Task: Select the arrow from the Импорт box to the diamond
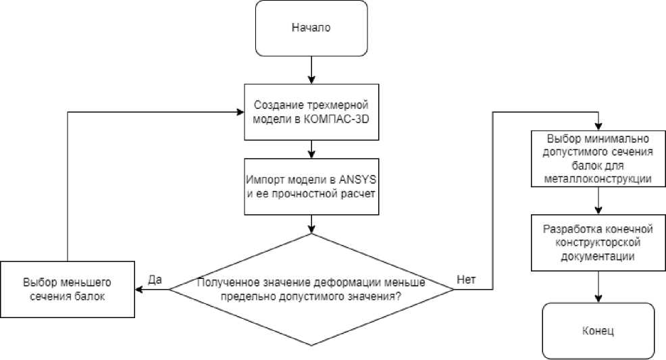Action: [x=310, y=224]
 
